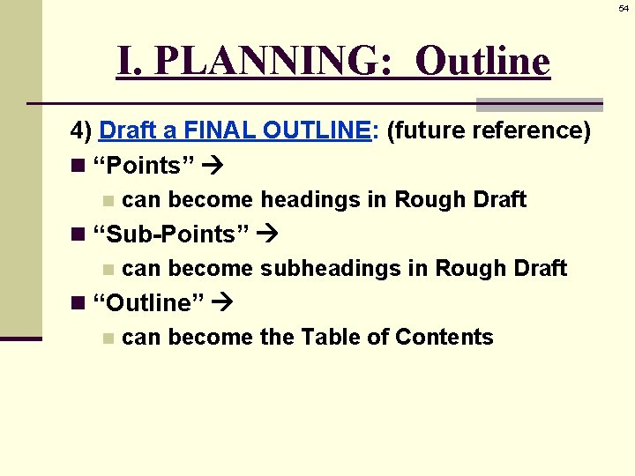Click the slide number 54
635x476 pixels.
coord(624,8)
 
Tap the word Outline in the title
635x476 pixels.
coord(482,61)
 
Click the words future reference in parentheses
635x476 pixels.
coord(488,130)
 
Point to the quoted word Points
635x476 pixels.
coord(137,167)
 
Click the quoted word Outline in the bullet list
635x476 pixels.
coord(148,303)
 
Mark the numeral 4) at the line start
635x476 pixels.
coord(82,130)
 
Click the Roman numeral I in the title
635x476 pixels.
coord(124,61)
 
